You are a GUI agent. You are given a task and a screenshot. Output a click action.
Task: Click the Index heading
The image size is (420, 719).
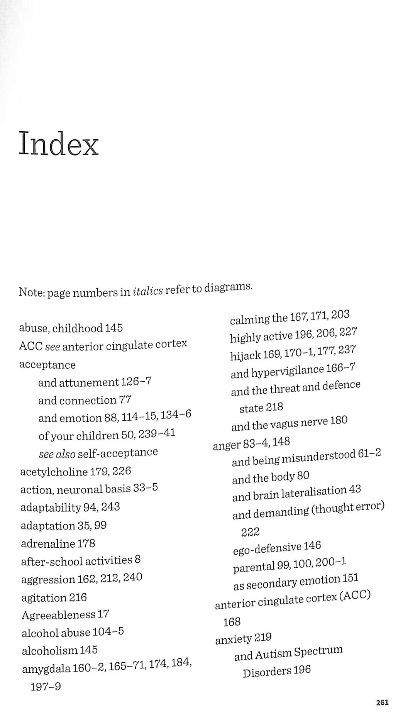tap(59, 144)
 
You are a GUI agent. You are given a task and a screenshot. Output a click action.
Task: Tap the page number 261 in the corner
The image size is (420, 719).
tap(382, 702)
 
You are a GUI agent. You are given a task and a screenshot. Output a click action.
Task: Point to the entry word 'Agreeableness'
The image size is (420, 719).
tap(58, 615)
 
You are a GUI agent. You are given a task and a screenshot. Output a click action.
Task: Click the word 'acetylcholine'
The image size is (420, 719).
tap(54, 472)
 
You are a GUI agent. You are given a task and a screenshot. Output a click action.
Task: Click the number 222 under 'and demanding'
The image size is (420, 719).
tap(250, 532)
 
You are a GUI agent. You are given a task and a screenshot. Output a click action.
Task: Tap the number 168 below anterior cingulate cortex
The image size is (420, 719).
tap(232, 622)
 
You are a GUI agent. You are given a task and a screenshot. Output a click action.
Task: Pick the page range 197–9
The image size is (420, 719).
tap(46, 687)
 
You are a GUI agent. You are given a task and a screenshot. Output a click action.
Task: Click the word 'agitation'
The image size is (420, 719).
tap(44, 598)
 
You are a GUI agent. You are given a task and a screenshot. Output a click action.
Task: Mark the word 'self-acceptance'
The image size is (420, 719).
tap(118, 452)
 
